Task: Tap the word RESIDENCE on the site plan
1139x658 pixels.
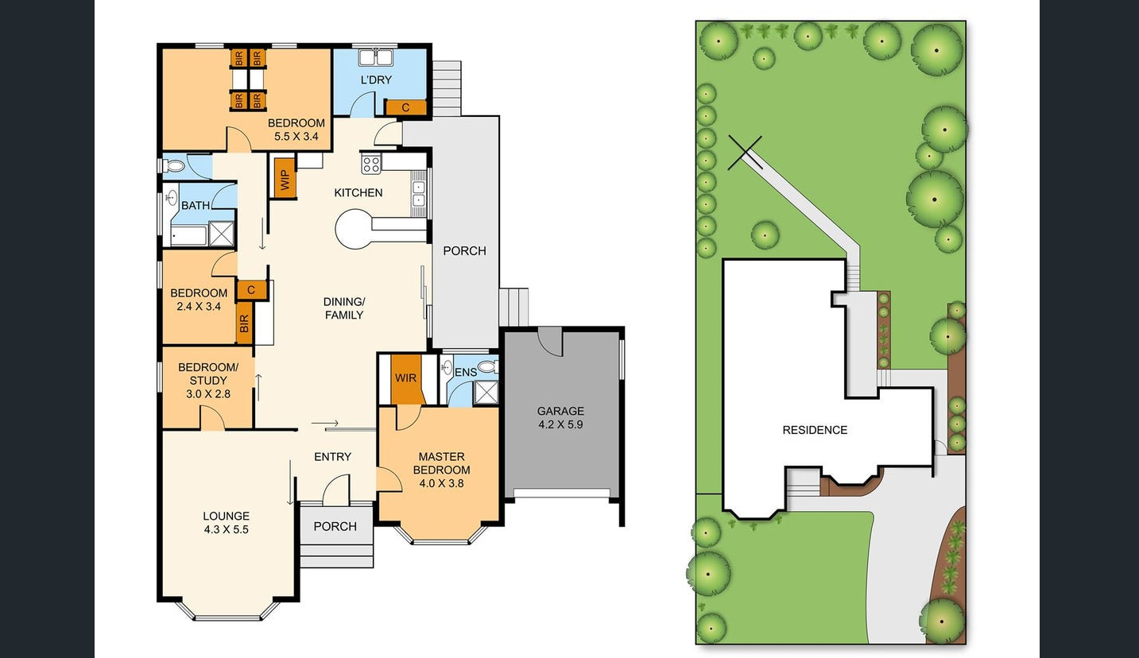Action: coord(815,430)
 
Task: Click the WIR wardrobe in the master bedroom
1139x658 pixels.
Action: coord(406,378)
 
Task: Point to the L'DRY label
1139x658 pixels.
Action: coord(376,79)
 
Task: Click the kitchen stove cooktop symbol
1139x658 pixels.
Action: coord(371,164)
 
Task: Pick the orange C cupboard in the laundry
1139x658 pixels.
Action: coord(405,107)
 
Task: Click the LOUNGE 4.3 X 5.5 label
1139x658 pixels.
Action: coord(226,522)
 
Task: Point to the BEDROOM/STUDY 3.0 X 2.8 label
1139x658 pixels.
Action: coord(208,380)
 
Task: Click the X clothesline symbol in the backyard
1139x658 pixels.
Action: coord(745,152)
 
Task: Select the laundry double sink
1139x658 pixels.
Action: coord(375,57)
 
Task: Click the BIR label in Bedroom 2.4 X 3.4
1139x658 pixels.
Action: coord(244,323)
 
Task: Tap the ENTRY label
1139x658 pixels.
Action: coord(332,456)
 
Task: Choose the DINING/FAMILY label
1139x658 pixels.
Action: coord(344,308)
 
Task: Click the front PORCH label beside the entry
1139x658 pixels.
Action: coord(335,526)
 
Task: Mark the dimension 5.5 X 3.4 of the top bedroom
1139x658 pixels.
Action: coord(296,136)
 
